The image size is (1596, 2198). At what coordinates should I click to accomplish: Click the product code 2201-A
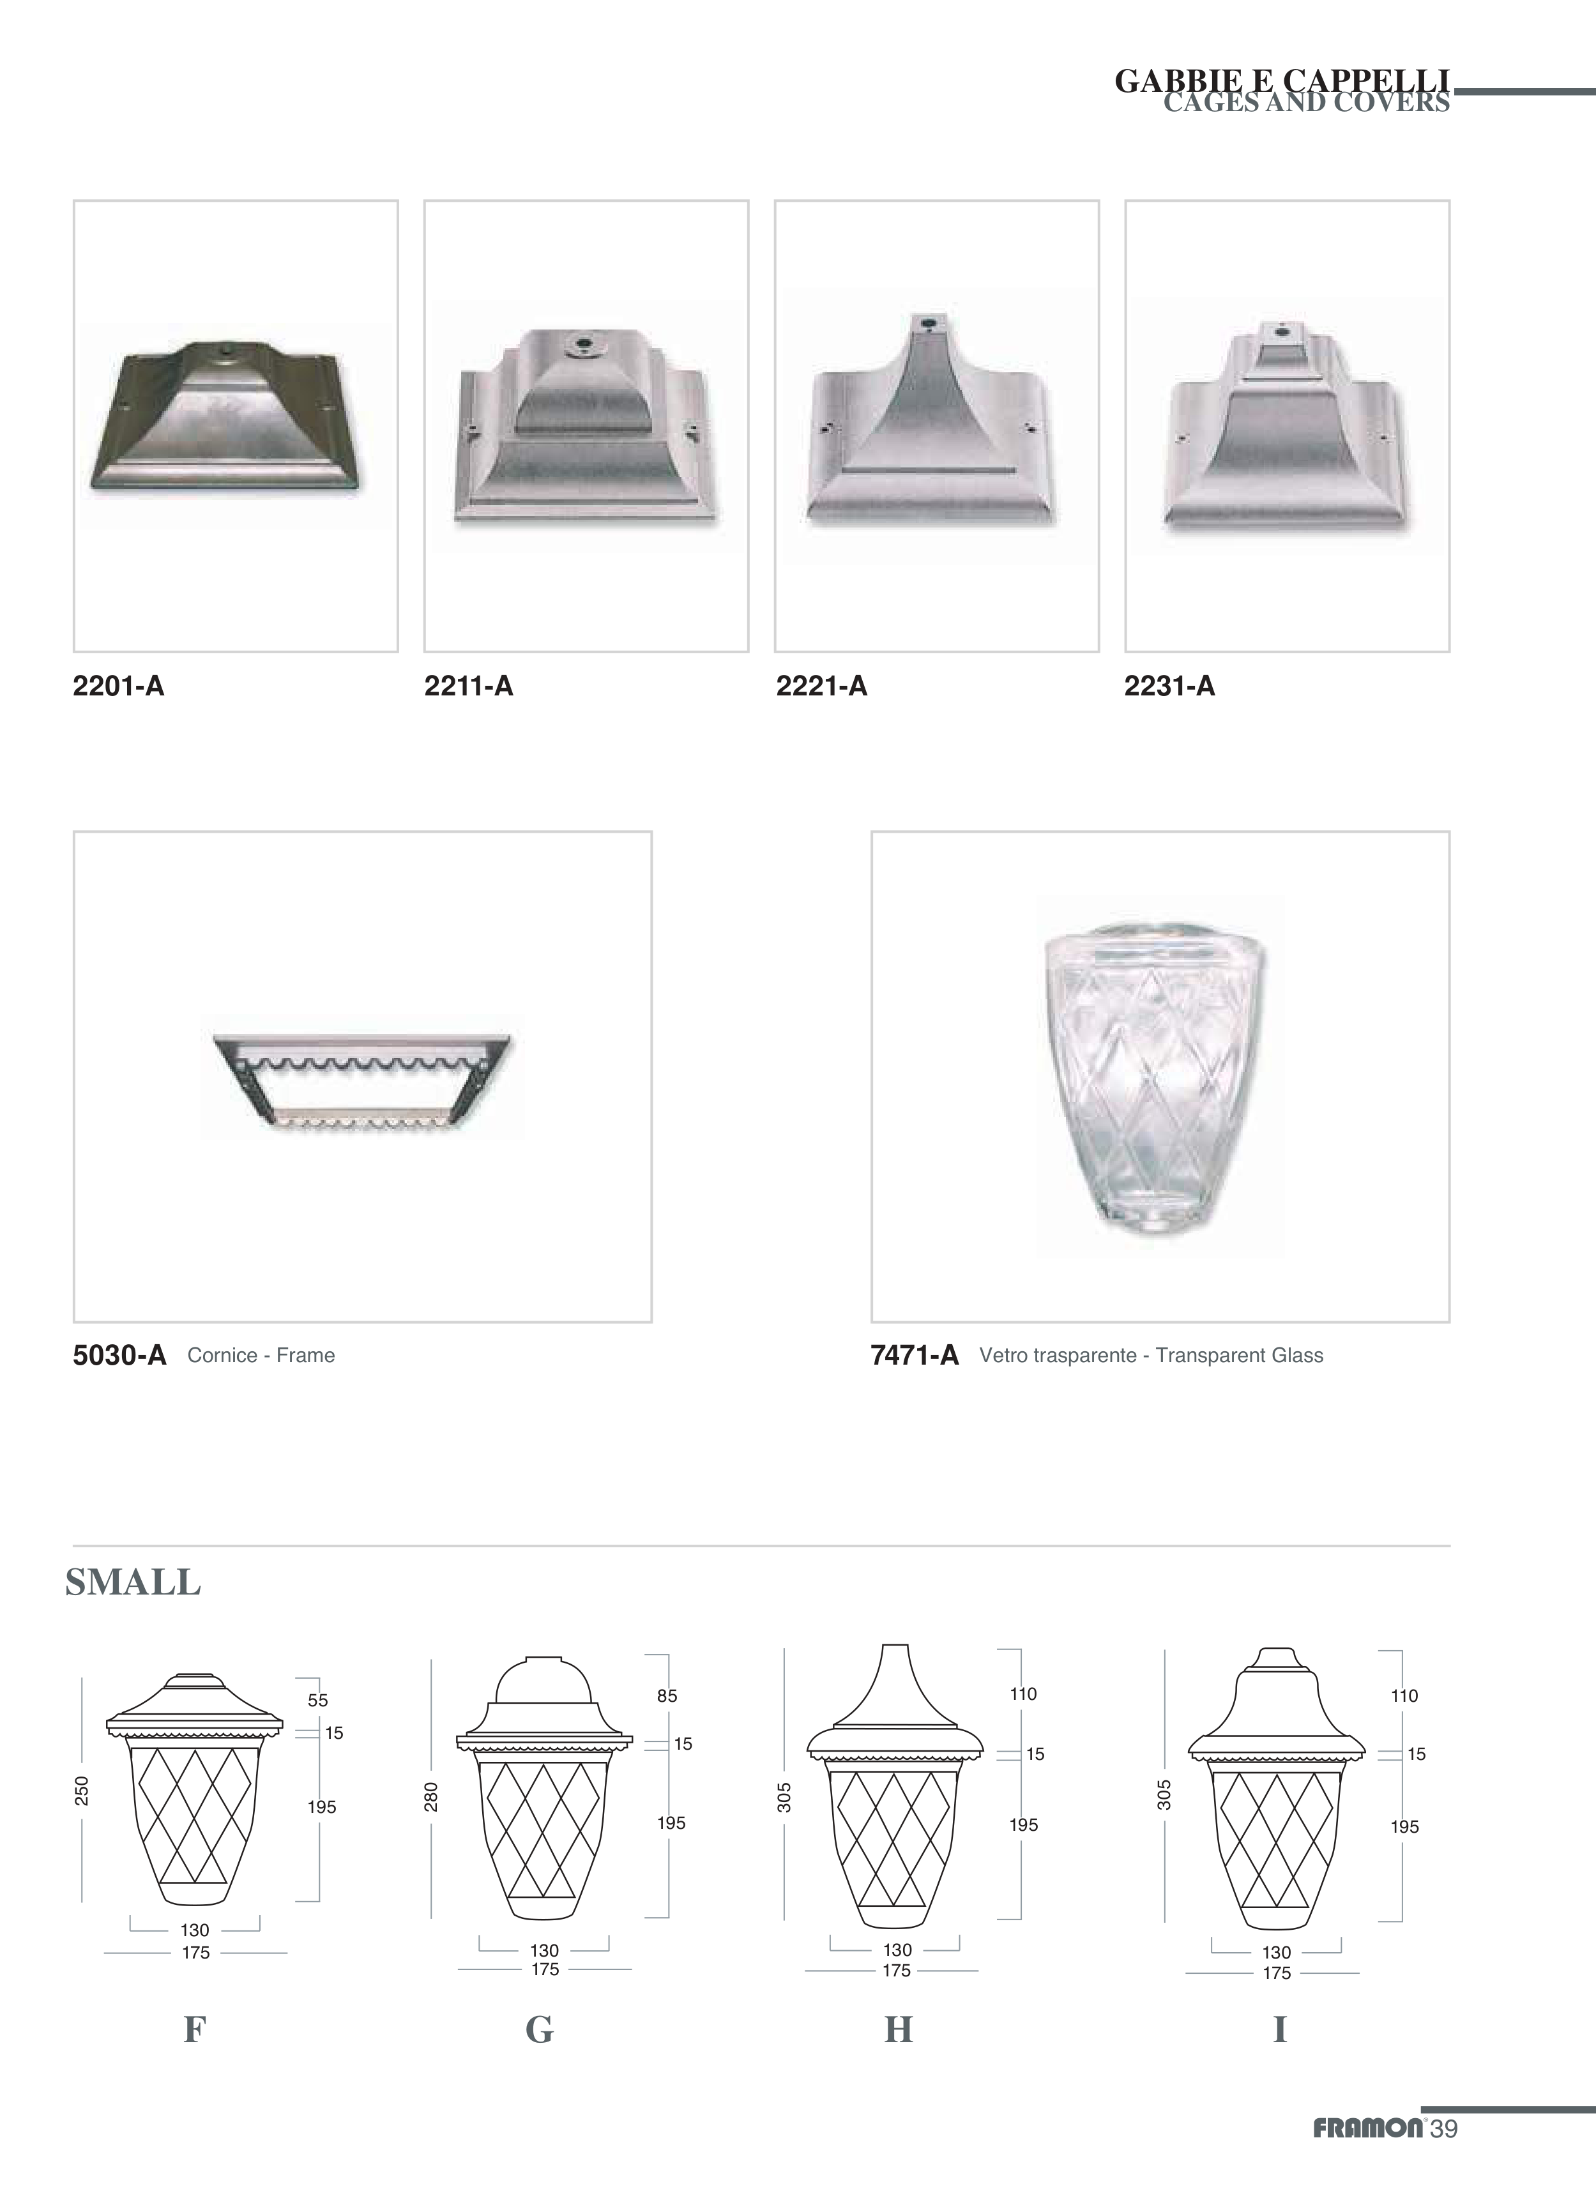[x=118, y=687]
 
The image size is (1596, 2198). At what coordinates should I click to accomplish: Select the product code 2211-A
[x=469, y=687]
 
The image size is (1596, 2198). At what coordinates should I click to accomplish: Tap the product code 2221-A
[x=822, y=687]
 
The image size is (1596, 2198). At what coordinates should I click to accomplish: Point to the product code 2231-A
[x=1169, y=687]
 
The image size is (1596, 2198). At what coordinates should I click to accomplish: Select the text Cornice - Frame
[x=262, y=1356]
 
